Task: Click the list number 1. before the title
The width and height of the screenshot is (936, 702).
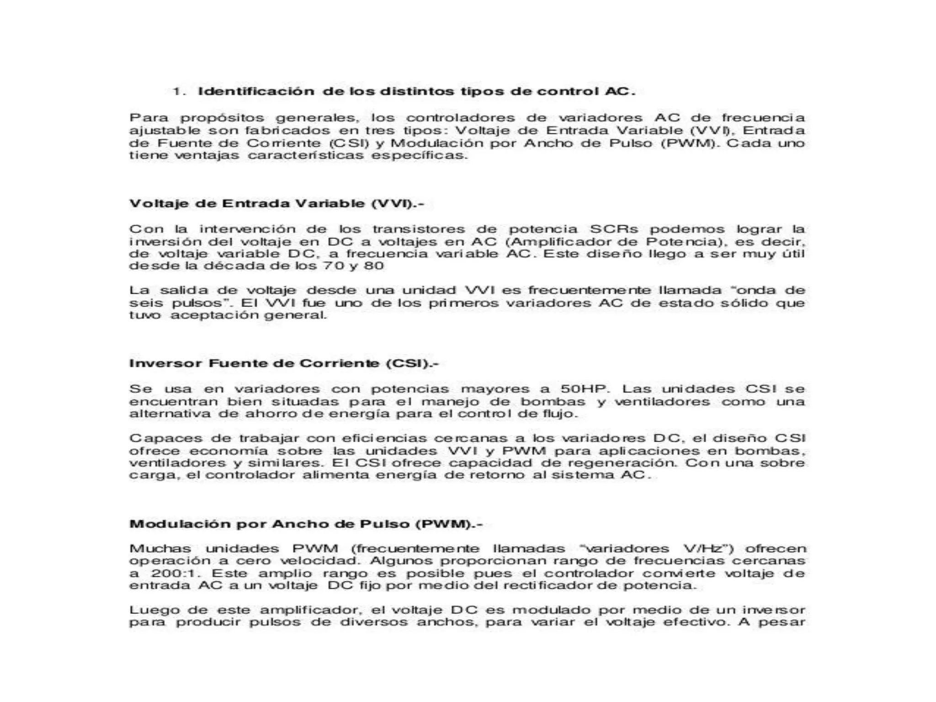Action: (x=179, y=91)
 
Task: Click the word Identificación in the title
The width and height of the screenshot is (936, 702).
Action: (x=256, y=91)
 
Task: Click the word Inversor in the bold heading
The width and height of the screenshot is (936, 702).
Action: (x=165, y=364)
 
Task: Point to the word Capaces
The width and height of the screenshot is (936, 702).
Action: (x=165, y=438)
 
